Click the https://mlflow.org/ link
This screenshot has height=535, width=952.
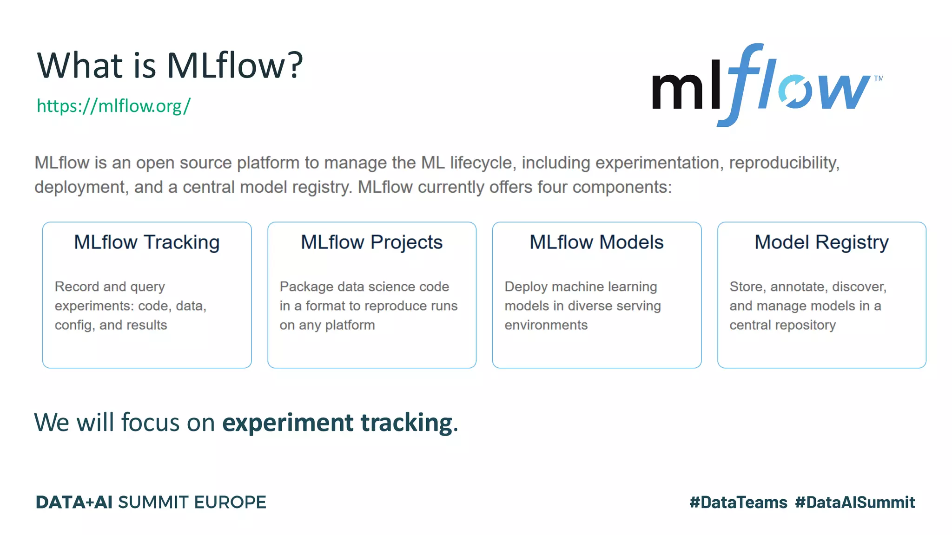click(113, 106)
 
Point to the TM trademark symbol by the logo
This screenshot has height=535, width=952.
click(878, 78)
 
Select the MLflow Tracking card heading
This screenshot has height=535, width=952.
click(147, 242)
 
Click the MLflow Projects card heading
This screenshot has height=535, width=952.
click(371, 242)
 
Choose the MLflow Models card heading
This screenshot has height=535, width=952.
click(596, 242)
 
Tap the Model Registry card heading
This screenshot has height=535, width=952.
click(821, 242)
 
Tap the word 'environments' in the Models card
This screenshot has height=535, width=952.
click(546, 325)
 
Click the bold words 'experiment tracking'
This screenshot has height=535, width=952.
click(337, 423)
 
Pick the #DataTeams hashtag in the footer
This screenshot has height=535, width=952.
click(738, 502)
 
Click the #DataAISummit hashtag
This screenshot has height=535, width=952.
click(855, 502)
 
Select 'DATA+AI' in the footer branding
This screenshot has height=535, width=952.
click(74, 502)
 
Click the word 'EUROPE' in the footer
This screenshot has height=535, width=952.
click(230, 502)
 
